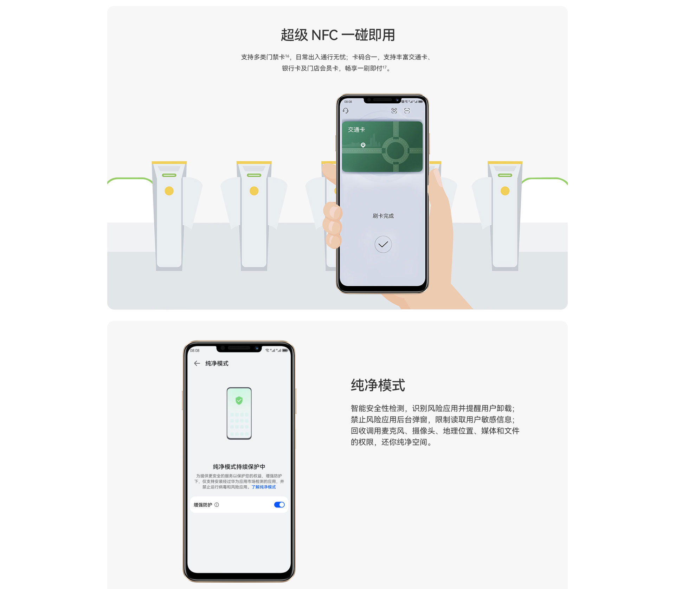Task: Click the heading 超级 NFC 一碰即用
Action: pos(337,35)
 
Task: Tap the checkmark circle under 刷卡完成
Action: pos(383,244)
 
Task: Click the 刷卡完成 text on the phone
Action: pos(383,216)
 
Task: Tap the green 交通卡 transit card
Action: pos(382,147)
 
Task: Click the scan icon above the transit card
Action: pos(407,111)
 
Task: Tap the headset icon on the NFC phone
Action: pos(346,111)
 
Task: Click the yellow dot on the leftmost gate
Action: pos(169,191)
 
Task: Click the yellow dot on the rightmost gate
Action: pos(505,191)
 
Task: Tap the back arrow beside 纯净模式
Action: pos(197,363)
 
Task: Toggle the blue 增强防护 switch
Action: pos(279,505)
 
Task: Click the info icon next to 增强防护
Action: pos(217,505)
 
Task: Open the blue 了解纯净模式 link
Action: pos(264,487)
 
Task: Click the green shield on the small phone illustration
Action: pos(239,400)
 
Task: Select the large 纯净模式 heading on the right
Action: pos(378,385)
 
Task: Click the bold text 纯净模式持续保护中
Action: pos(239,467)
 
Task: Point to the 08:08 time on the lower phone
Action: pos(195,350)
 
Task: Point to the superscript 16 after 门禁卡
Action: pos(287,56)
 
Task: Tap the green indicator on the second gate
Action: pos(254,175)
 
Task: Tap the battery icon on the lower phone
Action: pos(285,350)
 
